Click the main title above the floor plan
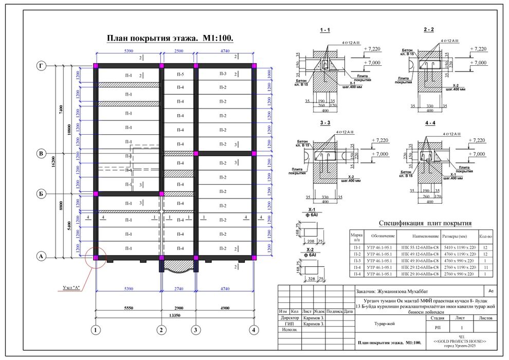click(x=169, y=39)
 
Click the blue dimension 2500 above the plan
click(x=178, y=51)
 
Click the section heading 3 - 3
click(x=324, y=123)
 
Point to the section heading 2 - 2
click(x=429, y=30)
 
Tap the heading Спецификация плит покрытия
click(x=425, y=223)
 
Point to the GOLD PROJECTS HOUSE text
click(x=460, y=341)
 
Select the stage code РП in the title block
click(x=438, y=327)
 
